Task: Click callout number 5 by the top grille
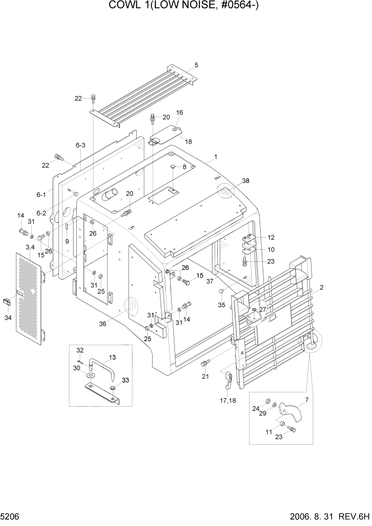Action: click(x=196, y=65)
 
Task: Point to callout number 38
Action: click(x=245, y=181)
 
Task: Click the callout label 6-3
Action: click(x=81, y=145)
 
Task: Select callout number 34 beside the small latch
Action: click(x=8, y=318)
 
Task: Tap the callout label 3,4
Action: click(x=30, y=248)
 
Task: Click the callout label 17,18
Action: click(x=229, y=400)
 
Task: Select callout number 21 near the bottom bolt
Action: click(x=205, y=376)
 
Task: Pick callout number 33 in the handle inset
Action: click(x=125, y=380)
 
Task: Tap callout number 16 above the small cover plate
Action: click(x=180, y=113)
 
